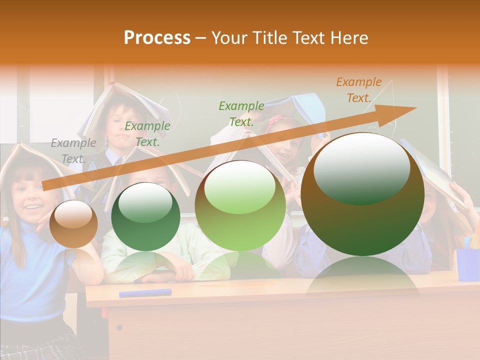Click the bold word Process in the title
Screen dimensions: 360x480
pyautogui.click(x=157, y=37)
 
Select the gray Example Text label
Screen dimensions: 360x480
pyautogui.click(x=73, y=151)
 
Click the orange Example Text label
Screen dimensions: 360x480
pyautogui.click(x=359, y=90)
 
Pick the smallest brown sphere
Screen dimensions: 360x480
pyautogui.click(x=73, y=223)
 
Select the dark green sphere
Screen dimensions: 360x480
pyautogui.click(x=145, y=216)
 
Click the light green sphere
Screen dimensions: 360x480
pyautogui.click(x=240, y=205)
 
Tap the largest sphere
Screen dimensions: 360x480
pyautogui.click(x=362, y=194)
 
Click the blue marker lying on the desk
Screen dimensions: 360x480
pyautogui.click(x=145, y=293)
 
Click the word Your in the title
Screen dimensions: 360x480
pyautogui.click(x=229, y=38)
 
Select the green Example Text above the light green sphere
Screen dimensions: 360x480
pyautogui.click(x=241, y=113)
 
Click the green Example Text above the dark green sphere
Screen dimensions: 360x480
pyautogui.click(x=147, y=134)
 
